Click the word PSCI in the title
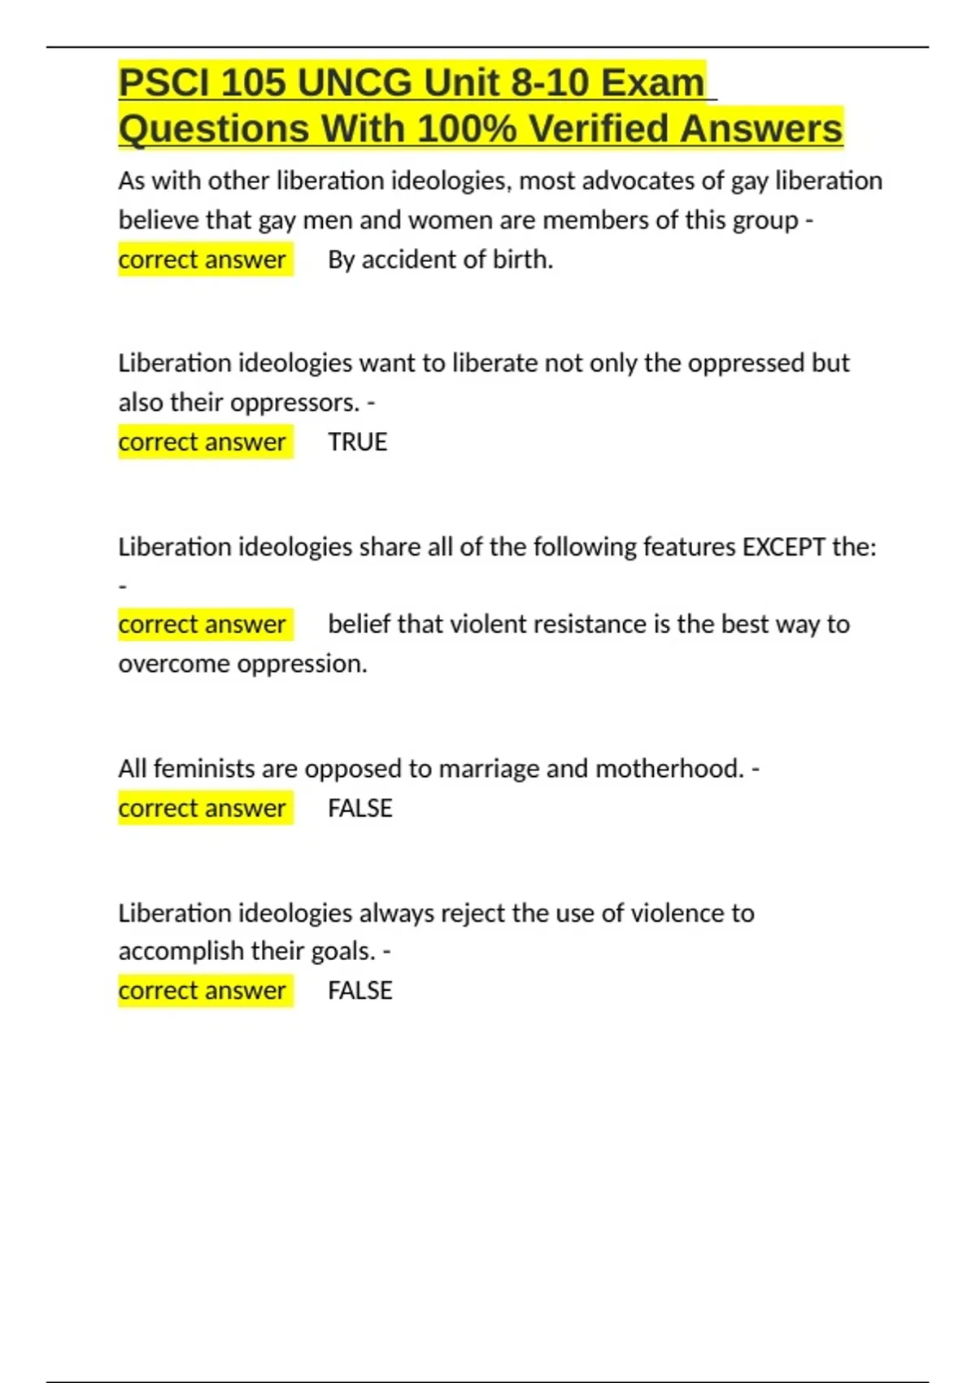[163, 83]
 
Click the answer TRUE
[357, 442]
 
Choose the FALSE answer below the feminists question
[359, 808]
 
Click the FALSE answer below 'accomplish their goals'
[359, 990]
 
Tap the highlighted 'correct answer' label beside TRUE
[202, 442]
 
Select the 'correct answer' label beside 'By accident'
[202, 260]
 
